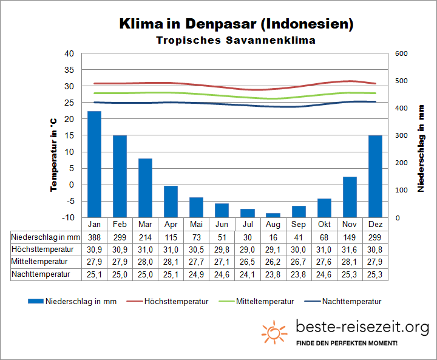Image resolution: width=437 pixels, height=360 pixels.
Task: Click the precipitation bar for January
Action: click(x=94, y=164)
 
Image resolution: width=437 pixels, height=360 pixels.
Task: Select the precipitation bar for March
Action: click(x=145, y=188)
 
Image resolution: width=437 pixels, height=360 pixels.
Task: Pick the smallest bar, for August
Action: click(x=273, y=215)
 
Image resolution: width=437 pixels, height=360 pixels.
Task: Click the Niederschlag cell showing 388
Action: click(x=94, y=237)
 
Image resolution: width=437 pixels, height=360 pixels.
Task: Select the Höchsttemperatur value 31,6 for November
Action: click(x=350, y=250)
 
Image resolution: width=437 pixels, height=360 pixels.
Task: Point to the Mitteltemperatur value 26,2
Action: click(x=273, y=262)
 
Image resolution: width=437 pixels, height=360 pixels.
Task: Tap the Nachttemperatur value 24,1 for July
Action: click(x=248, y=274)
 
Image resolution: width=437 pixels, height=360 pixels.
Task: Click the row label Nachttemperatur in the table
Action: click(x=41, y=274)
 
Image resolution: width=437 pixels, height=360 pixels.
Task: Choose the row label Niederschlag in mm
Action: click(x=46, y=237)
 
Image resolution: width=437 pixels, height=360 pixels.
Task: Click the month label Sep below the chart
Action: click(x=299, y=224)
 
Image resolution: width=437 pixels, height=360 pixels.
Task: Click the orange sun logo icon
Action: click(x=274, y=332)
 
